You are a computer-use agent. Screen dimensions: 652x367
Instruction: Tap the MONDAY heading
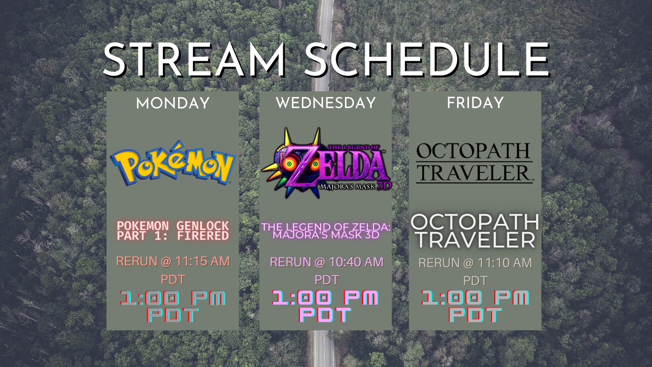pyautogui.click(x=173, y=103)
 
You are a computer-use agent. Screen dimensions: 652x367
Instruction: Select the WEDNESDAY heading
pyautogui.click(x=326, y=103)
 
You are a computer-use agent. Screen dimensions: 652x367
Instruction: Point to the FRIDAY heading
pyautogui.click(x=475, y=103)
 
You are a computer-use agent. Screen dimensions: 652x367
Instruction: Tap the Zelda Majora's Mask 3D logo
pyautogui.click(x=326, y=163)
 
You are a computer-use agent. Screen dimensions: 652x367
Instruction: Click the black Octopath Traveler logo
pyautogui.click(x=474, y=163)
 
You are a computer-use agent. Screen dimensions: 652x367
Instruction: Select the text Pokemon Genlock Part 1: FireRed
pyautogui.click(x=173, y=230)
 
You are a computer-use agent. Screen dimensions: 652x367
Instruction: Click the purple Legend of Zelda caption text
pyautogui.click(x=326, y=231)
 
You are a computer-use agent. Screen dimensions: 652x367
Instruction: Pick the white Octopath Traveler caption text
pyautogui.click(x=475, y=231)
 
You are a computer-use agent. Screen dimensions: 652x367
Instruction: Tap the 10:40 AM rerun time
pyautogui.click(x=351, y=262)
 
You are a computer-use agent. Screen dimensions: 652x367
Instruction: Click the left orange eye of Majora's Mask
pyautogui.click(x=289, y=164)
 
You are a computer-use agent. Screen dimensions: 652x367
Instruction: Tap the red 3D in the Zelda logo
pyautogui.click(x=384, y=186)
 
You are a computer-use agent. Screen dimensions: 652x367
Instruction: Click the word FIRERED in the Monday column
pyautogui.click(x=203, y=236)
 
